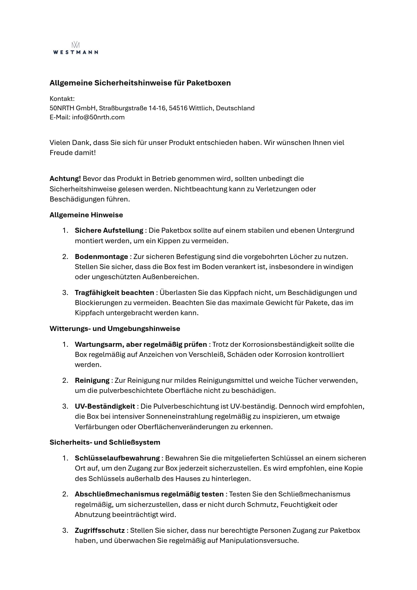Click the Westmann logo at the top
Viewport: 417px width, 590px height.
76,48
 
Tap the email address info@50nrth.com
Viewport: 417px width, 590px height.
98,117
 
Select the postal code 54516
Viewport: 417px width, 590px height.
178,108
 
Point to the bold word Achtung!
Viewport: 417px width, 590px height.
65,179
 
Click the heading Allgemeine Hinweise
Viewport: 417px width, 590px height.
86,215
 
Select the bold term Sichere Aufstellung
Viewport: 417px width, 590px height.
109,230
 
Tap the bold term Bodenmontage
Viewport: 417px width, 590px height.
101,257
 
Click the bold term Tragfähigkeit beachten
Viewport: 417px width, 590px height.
114,293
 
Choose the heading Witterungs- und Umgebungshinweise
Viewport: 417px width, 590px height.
115,329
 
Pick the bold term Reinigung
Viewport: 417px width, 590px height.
92,380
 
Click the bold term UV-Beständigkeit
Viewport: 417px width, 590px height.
105,406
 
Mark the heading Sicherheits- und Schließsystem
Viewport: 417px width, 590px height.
105,442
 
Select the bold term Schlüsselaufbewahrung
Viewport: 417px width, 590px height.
117,458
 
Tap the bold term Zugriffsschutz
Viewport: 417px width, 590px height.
100,530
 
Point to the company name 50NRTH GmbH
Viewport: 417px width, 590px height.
73,108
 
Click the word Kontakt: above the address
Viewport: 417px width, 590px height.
62,99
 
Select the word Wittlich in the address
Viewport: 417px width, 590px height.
201,108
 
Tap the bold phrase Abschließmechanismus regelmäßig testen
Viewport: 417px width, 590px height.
149,494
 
